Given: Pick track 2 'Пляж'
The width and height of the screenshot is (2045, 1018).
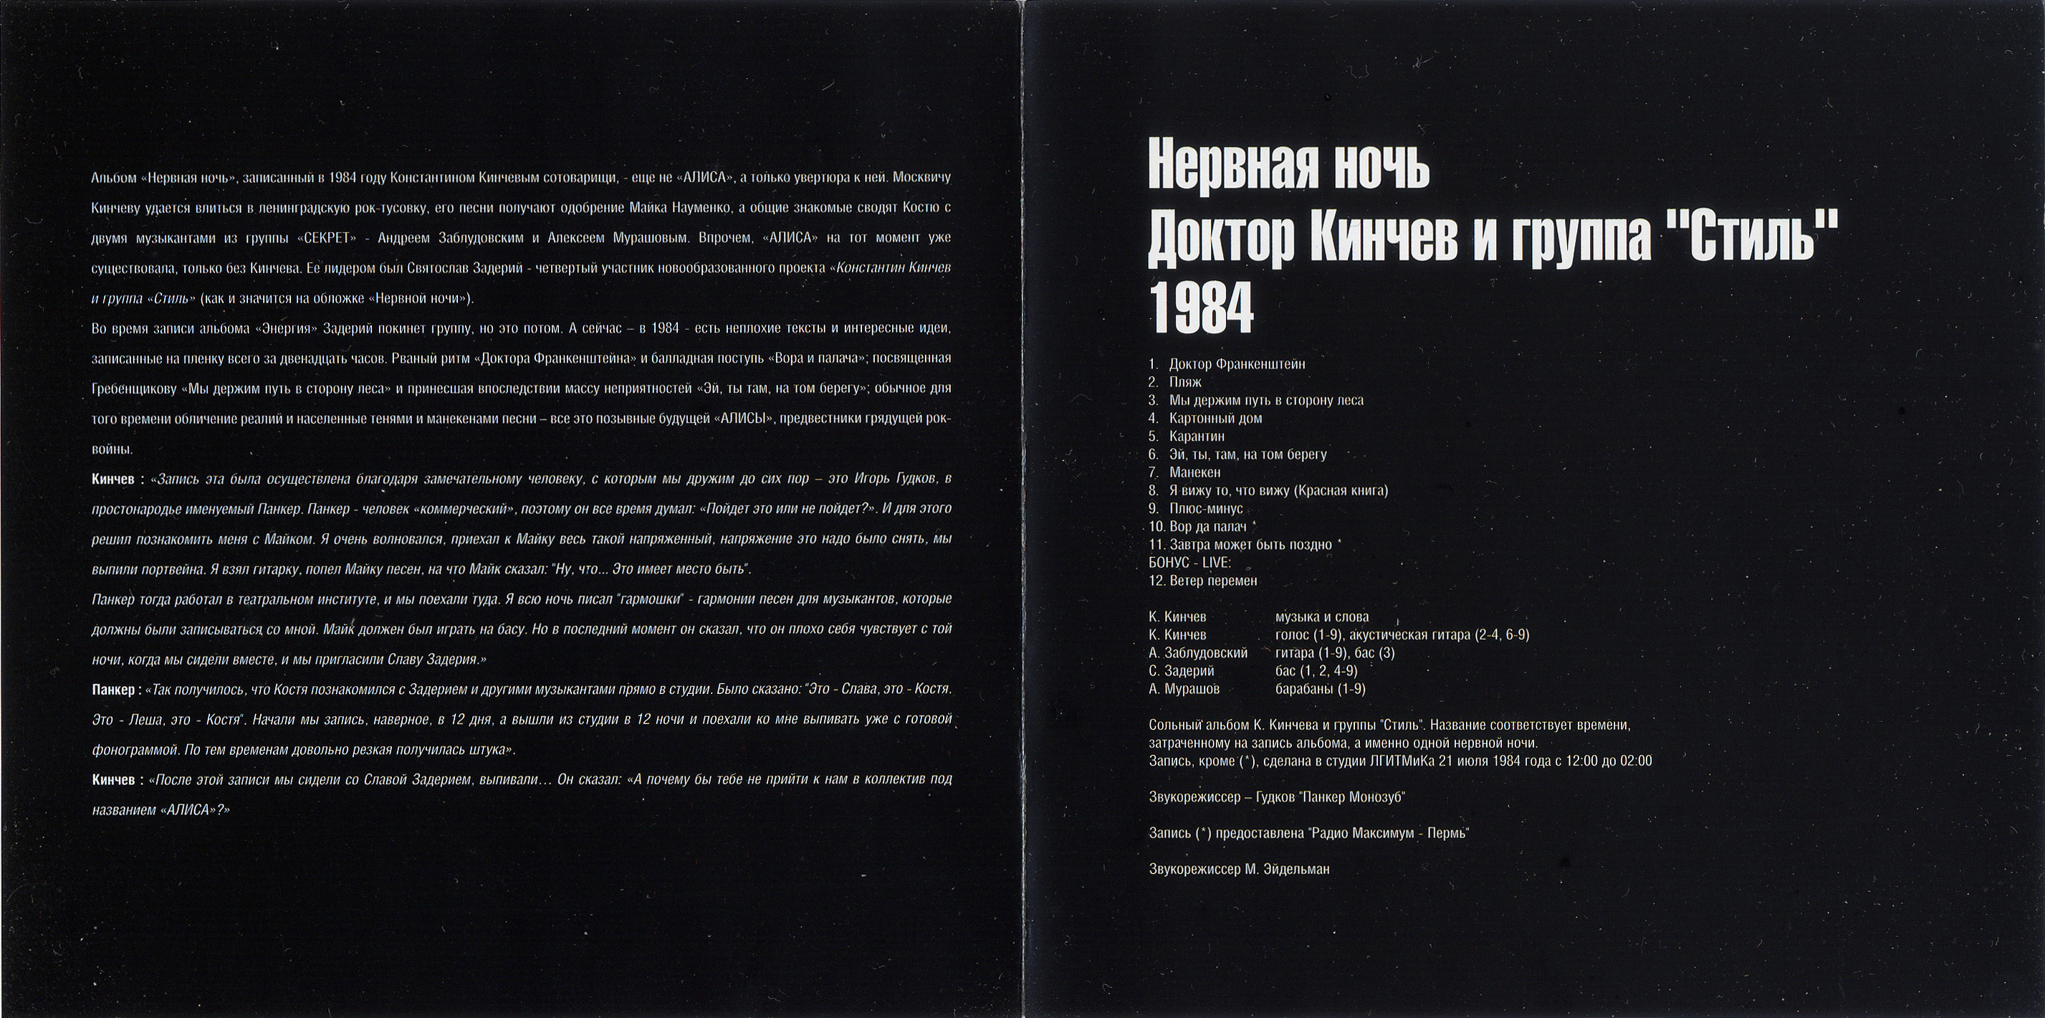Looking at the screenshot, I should pyautogui.click(x=1185, y=382).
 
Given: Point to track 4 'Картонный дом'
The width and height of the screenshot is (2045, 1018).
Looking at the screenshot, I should pyautogui.click(x=1215, y=419).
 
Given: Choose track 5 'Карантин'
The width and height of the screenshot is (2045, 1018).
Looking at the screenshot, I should pyautogui.click(x=1197, y=437).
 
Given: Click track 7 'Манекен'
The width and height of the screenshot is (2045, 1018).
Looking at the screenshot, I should pyautogui.click(x=1194, y=472).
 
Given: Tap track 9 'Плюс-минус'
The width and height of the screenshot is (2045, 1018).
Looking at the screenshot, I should pyautogui.click(x=1206, y=509).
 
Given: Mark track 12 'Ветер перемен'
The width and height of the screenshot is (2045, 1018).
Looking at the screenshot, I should pyautogui.click(x=1212, y=581).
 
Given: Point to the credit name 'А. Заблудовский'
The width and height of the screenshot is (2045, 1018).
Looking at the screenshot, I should pyautogui.click(x=1197, y=652).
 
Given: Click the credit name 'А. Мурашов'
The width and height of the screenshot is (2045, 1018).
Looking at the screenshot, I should pyautogui.click(x=1184, y=689).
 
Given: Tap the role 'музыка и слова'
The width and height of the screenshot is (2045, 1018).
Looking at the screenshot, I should pyautogui.click(x=1322, y=617).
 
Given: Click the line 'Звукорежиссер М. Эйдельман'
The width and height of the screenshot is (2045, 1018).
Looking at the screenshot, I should pyautogui.click(x=1238, y=870).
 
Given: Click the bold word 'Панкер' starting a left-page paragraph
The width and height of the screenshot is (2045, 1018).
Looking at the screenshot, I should pyautogui.click(x=112, y=691).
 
